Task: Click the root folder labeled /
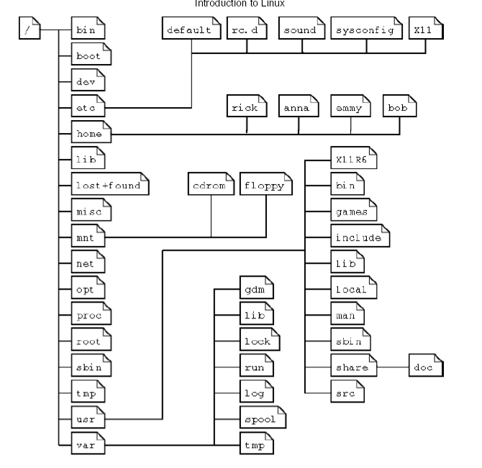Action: click(x=29, y=32)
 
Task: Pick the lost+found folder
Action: click(x=110, y=185)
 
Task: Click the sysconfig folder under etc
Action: click(x=364, y=31)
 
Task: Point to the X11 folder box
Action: click(x=425, y=31)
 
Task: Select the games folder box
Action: click(x=353, y=211)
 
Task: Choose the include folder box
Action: click(x=359, y=237)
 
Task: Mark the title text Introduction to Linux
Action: click(x=240, y=3)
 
